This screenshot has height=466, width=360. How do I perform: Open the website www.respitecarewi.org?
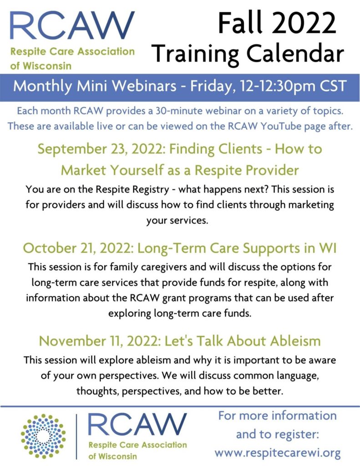click(278, 453)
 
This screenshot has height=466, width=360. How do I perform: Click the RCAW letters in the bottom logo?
click(137, 425)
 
